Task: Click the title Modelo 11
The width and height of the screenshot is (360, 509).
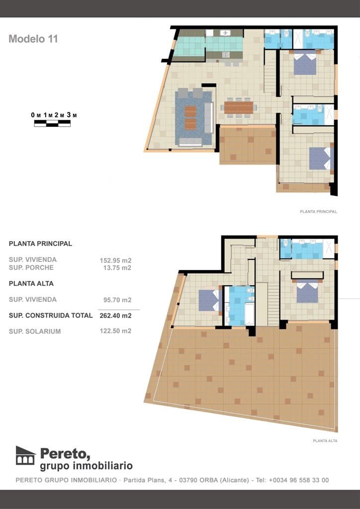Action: pyautogui.click(x=33, y=39)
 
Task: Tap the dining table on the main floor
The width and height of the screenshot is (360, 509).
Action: pyautogui.click(x=239, y=107)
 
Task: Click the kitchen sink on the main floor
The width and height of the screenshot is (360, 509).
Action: pyautogui.click(x=225, y=33)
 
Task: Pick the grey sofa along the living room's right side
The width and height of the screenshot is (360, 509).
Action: pyautogui.click(x=208, y=118)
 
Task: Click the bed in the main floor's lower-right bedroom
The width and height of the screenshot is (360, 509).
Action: pyautogui.click(x=319, y=159)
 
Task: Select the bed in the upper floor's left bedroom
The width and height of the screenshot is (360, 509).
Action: pyautogui.click(x=209, y=301)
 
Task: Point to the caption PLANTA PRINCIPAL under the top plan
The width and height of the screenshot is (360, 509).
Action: pyautogui.click(x=318, y=211)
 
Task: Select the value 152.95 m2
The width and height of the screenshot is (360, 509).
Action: pyautogui.click(x=115, y=260)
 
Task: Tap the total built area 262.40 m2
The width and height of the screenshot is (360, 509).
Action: pyautogui.click(x=115, y=315)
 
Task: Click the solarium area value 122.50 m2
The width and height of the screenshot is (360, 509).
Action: pyautogui.click(x=115, y=331)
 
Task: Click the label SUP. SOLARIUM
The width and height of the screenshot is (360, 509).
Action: pyautogui.click(x=35, y=332)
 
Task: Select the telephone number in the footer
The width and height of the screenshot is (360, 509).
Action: pyautogui.click(x=298, y=480)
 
